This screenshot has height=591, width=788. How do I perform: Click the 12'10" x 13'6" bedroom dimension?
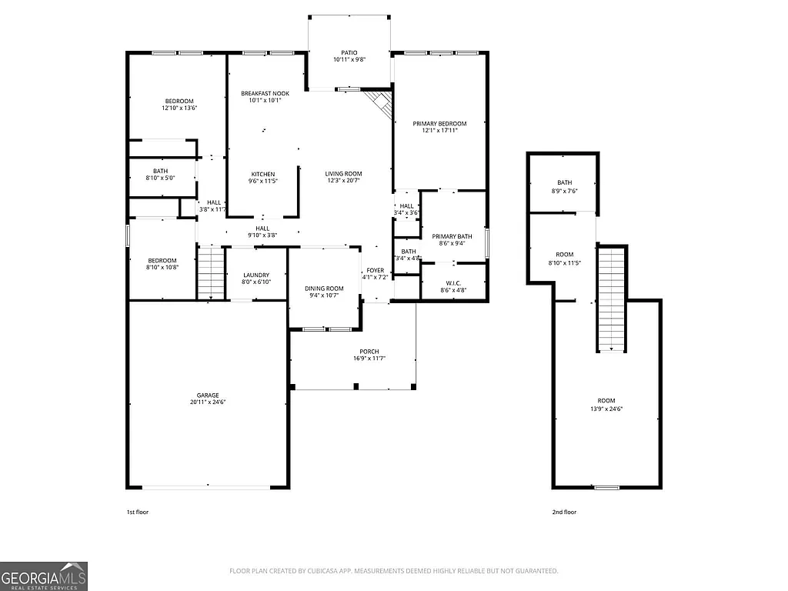[179, 109]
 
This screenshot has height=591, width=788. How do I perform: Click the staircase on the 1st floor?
[210, 272]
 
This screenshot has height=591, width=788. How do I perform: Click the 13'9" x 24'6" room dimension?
[606, 409]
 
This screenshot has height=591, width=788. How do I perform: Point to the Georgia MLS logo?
[44, 576]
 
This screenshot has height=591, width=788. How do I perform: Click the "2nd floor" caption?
[564, 512]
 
